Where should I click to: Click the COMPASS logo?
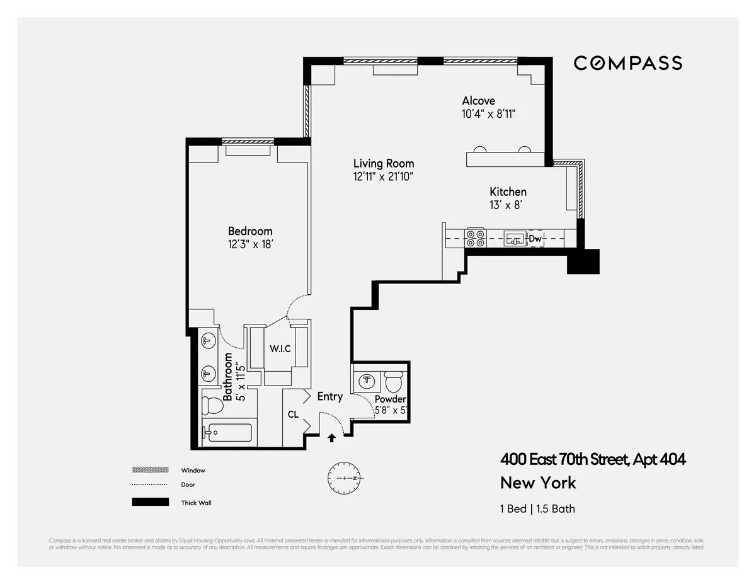627,63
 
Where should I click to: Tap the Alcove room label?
478,101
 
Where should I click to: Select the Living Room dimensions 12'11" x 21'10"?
383,178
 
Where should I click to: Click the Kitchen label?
508,192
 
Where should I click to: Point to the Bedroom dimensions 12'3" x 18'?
250,245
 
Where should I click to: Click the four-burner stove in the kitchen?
474,238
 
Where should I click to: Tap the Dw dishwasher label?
535,239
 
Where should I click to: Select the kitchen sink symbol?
515,238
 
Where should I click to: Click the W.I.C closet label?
280,348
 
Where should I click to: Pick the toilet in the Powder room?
393,382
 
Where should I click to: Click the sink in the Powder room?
365,381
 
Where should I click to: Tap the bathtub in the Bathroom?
227,433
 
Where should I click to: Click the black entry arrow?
332,438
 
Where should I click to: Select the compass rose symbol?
343,479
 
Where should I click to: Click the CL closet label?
293,415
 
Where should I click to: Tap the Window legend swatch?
150,470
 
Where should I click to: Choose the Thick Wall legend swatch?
150,502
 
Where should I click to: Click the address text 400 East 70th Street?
592,459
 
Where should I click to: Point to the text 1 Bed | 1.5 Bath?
537,508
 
